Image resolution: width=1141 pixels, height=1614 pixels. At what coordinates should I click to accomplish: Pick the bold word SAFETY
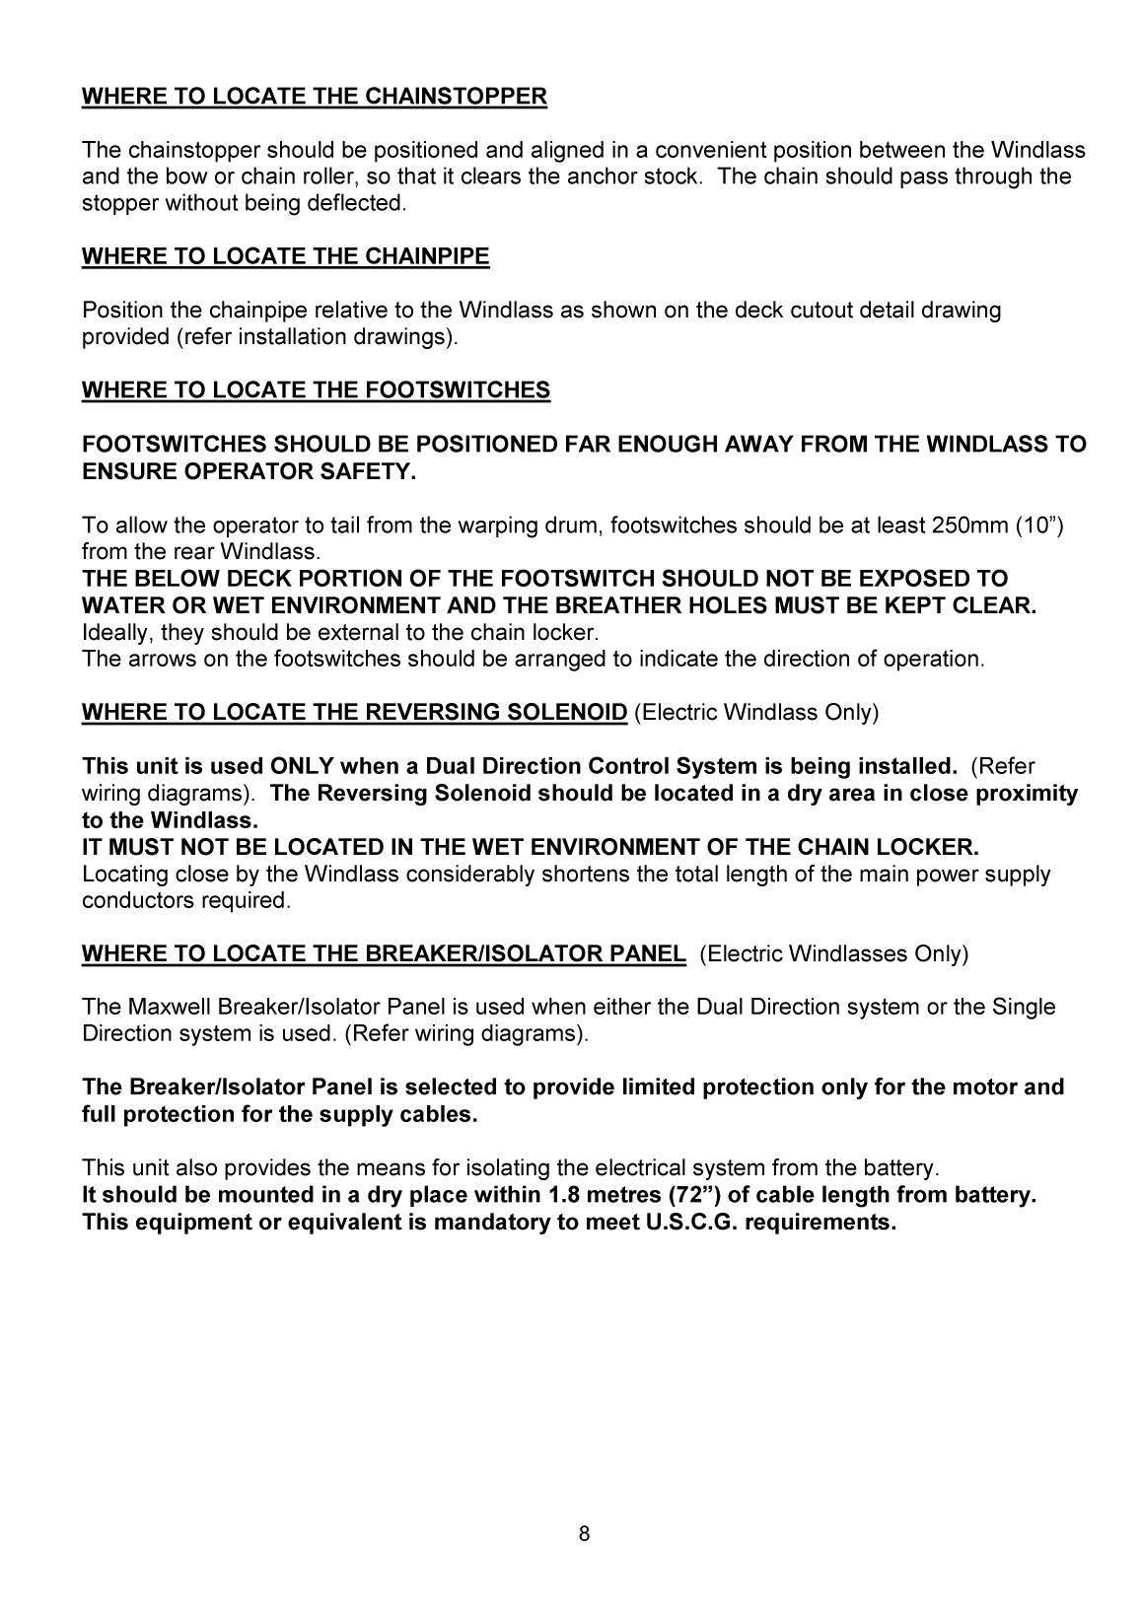(x=366, y=471)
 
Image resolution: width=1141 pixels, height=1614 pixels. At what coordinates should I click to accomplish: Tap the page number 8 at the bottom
(x=584, y=1533)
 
